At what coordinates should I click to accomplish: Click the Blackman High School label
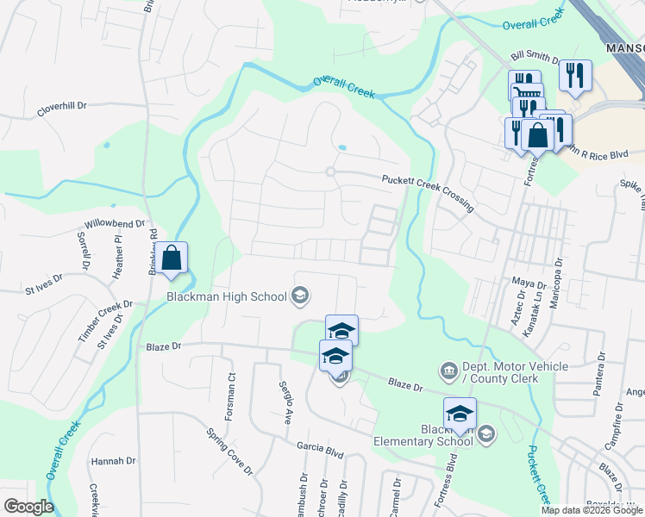(226, 297)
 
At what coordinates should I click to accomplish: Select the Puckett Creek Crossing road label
(428, 191)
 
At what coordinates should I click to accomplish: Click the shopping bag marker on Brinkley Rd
(172, 258)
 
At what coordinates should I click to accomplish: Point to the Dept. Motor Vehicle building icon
(448, 371)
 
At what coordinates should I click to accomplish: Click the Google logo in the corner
(28, 506)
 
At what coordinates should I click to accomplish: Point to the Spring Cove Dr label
(229, 452)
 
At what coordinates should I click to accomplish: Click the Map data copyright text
(592, 509)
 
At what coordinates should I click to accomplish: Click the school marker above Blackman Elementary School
(460, 413)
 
